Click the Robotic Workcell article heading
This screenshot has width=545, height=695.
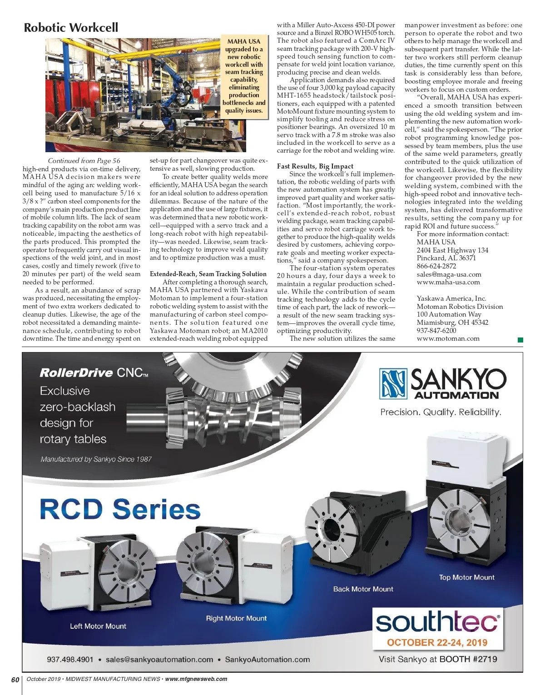71,28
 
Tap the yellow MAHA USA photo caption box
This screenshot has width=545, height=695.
244,76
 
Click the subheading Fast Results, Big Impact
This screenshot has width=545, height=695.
315,166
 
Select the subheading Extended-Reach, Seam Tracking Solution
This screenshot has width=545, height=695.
208,274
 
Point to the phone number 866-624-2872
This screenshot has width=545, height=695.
436,266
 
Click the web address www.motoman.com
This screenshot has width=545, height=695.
448,338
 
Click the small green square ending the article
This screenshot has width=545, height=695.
520,340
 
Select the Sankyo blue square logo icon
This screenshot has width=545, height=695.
393,383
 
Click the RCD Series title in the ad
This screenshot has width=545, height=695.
120,509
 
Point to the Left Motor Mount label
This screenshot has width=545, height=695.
98,626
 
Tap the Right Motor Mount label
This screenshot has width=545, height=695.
236,618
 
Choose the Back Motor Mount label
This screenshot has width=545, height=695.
363,589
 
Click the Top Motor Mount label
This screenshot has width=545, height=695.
466,577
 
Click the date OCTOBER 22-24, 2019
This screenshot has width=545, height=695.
437,643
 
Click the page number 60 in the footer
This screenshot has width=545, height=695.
15,680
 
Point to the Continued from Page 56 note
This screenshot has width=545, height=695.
84,161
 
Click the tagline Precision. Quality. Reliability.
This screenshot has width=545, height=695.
441,412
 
